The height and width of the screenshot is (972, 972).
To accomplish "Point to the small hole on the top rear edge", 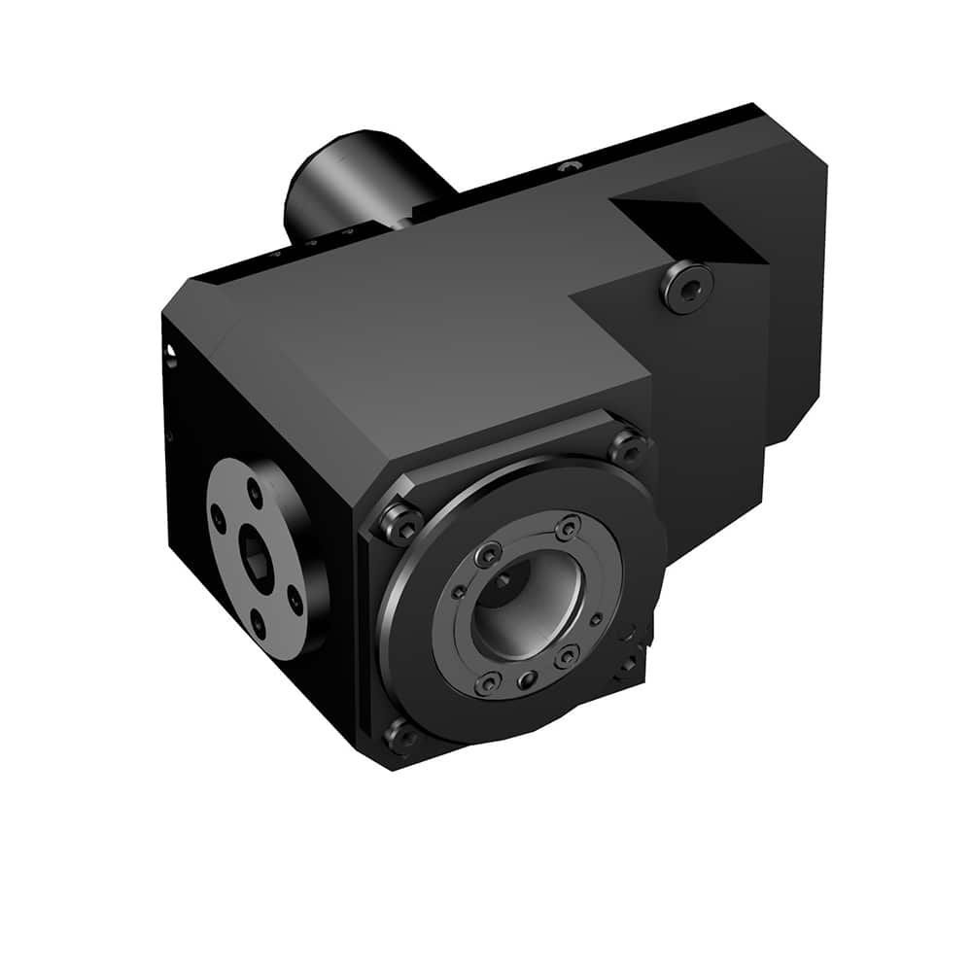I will tap(570, 168).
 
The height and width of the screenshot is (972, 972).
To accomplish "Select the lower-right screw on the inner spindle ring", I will tap(567, 657).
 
